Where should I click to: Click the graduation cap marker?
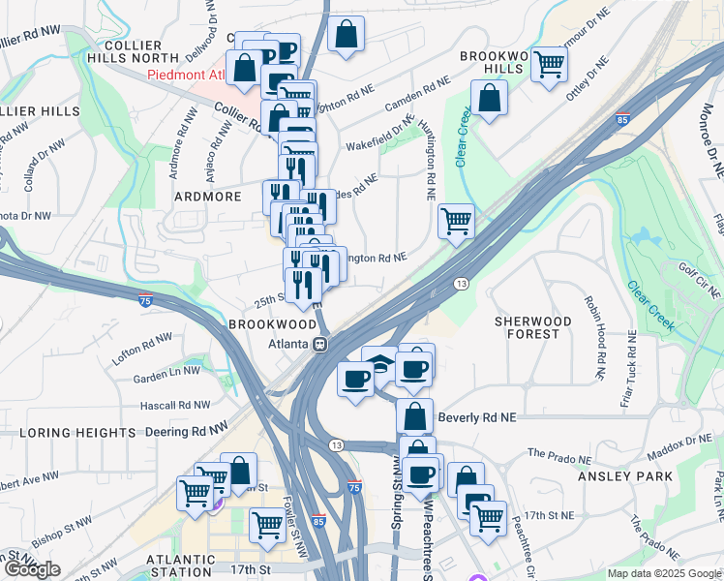pos(379,364)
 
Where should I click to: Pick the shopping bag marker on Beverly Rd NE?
pos(414,415)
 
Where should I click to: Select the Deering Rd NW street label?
pos(187,426)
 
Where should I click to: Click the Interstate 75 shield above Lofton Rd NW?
pos(145,301)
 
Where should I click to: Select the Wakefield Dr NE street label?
pos(380,135)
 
